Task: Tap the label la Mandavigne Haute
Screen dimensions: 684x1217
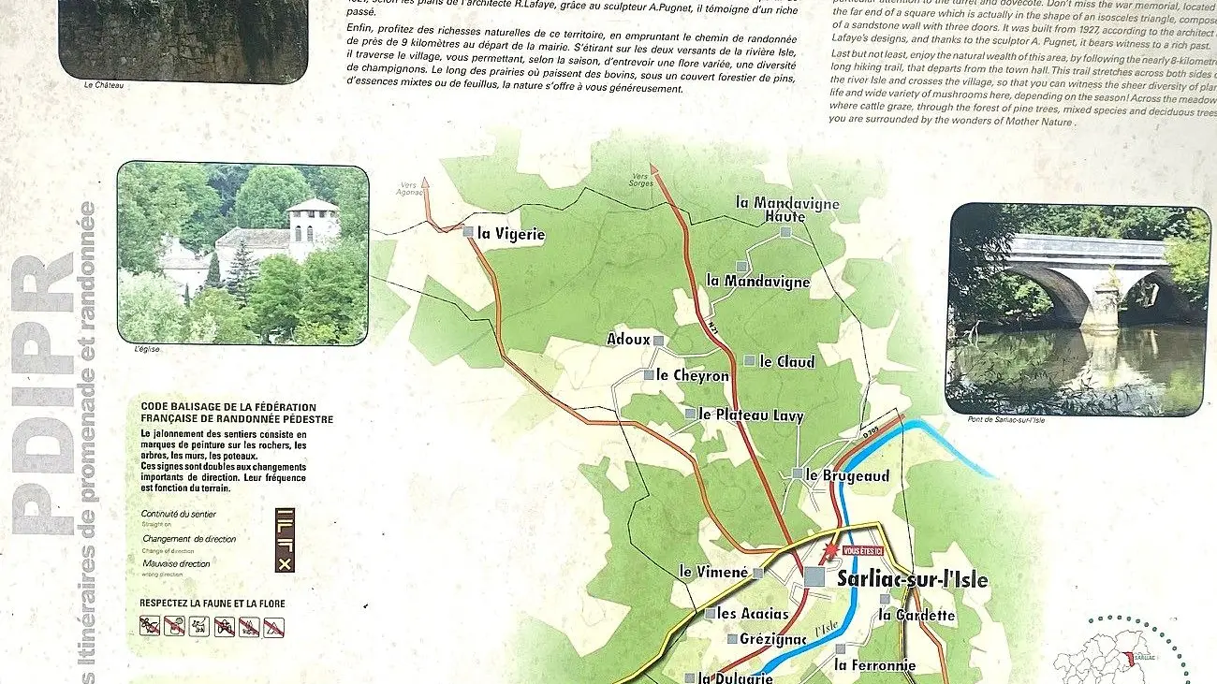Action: (787, 210)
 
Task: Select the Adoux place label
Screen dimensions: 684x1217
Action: (628, 339)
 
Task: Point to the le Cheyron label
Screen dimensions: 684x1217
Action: (693, 375)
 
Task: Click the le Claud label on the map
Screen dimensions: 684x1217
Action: (786, 361)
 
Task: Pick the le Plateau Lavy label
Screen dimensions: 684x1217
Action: (752, 415)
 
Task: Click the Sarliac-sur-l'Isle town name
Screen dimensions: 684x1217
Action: (912, 579)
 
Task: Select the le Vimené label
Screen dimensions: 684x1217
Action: (713, 572)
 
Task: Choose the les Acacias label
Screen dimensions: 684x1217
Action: (753, 614)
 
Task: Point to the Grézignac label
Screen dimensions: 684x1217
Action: (772, 639)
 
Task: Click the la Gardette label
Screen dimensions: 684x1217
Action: (916, 615)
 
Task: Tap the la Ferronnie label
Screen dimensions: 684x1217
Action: (874, 665)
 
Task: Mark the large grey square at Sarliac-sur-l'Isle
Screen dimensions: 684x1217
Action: (814, 577)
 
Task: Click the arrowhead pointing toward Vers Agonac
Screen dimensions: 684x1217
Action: (426, 185)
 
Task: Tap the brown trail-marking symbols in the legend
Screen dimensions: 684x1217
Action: (285, 539)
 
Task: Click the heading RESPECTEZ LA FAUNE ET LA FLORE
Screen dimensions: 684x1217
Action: (213, 604)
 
